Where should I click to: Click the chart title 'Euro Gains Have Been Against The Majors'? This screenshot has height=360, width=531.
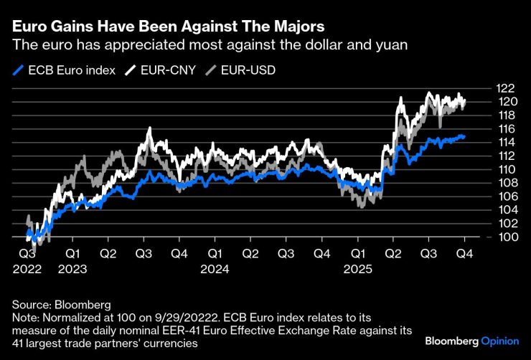(166, 27)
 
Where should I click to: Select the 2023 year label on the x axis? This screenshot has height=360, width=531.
(72, 270)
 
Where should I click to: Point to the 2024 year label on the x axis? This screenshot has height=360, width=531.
(215, 270)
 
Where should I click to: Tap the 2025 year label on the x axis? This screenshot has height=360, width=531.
(357, 270)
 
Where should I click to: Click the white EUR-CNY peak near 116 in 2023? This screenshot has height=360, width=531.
(149, 128)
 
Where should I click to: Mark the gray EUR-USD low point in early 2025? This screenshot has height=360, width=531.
(362, 207)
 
